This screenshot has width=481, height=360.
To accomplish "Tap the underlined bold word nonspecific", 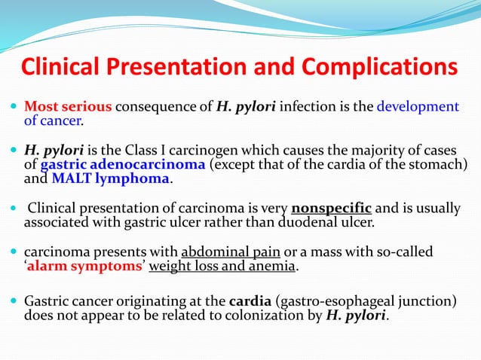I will (331, 209).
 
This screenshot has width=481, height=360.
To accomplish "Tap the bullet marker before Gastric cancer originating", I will (16, 302).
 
